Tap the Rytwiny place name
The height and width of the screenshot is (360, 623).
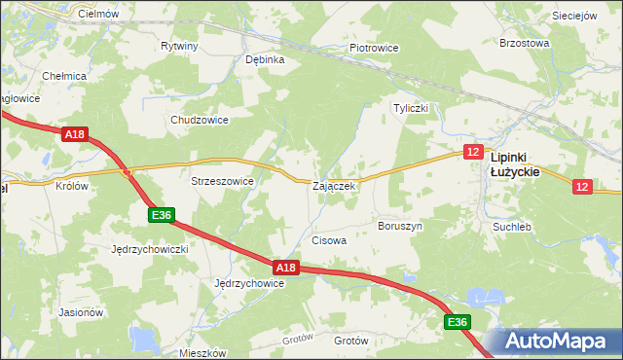pyautogui.click(x=179, y=46)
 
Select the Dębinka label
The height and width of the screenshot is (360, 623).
pyautogui.click(x=265, y=58)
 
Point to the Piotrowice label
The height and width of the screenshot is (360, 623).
pyautogui.click(x=375, y=47)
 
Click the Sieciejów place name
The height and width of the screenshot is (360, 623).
pyautogui.click(x=574, y=17)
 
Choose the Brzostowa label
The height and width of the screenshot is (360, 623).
pyautogui.click(x=525, y=43)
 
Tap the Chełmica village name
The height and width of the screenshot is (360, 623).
pyautogui.click(x=65, y=75)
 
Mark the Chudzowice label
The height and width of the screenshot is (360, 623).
pyautogui.click(x=199, y=120)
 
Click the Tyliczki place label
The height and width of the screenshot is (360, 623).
pyautogui.click(x=411, y=108)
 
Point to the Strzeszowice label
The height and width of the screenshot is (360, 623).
pyautogui.click(x=222, y=181)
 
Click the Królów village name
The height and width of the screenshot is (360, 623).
pyautogui.click(x=72, y=186)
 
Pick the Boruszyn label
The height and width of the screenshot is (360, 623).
pyautogui.click(x=400, y=226)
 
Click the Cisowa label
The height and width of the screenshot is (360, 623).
pyautogui.click(x=328, y=239)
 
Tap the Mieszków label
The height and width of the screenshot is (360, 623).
pyautogui.click(x=203, y=353)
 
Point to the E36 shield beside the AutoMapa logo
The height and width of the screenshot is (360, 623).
pyautogui.click(x=458, y=322)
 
